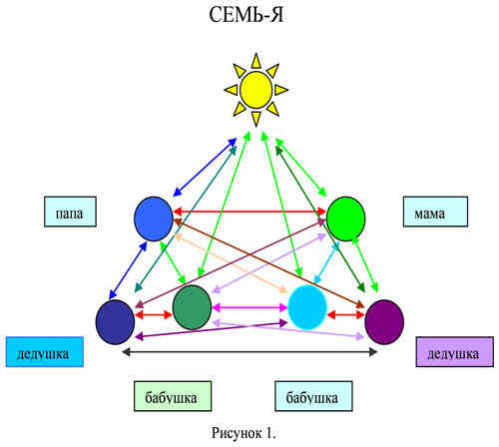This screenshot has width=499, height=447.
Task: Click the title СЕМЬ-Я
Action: coord(247,15)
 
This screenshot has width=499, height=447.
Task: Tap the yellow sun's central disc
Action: coord(256,90)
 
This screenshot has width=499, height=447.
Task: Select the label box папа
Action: coord(70,212)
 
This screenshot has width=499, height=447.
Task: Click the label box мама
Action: coord(435,212)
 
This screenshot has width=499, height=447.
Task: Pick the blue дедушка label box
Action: coord(45,352)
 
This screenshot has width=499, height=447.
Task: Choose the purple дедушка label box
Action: coord(455,352)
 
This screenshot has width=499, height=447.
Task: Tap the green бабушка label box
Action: coord(173,396)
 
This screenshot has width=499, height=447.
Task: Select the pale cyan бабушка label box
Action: coord(313,396)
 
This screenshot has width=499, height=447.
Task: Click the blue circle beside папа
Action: coord(154,219)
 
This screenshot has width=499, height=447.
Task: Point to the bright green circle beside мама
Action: coord(346,219)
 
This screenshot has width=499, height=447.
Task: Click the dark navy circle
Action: coord(115,322)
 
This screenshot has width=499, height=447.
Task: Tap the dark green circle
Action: coord(192,307)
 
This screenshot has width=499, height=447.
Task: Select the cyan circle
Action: coord(307,307)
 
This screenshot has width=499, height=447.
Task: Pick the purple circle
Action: coord(384,322)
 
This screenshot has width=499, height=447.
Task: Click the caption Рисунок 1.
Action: coord(244,433)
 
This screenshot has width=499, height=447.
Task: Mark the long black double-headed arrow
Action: coord(249,352)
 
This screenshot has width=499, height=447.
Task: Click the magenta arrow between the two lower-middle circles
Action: coord(249,308)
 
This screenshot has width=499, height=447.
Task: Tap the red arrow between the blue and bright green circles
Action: coord(249,211)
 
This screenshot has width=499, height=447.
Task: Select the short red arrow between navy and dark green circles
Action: coord(154,314)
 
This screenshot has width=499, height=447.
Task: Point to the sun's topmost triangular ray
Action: coord(255,62)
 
